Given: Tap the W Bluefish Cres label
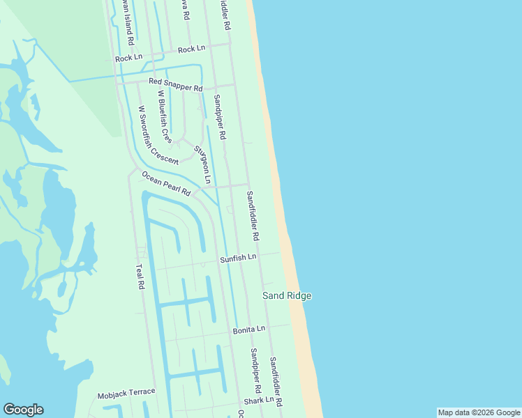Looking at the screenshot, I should click(x=165, y=116).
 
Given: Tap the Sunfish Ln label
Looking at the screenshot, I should click(x=239, y=258).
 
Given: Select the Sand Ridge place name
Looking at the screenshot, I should click(x=286, y=296).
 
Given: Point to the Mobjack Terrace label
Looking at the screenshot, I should click(x=126, y=393).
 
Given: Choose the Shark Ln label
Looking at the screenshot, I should click(x=258, y=401).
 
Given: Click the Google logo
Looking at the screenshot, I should click(x=23, y=410).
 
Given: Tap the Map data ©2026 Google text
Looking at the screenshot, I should click(x=479, y=412).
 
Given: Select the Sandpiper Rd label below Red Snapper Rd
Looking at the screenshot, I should click(x=221, y=116).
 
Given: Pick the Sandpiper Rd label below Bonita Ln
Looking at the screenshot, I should click(x=255, y=369).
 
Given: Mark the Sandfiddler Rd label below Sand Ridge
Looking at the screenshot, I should click(x=276, y=382).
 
